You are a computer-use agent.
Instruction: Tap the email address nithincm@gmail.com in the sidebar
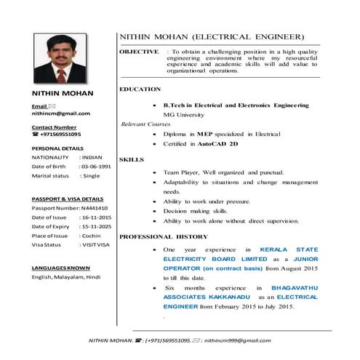60,113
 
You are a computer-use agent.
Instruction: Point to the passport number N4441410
89,208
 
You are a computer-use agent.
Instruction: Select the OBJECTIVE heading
139,52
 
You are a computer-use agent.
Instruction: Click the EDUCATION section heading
140,89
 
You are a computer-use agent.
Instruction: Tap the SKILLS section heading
131,159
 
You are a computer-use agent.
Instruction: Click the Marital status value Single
90,176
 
